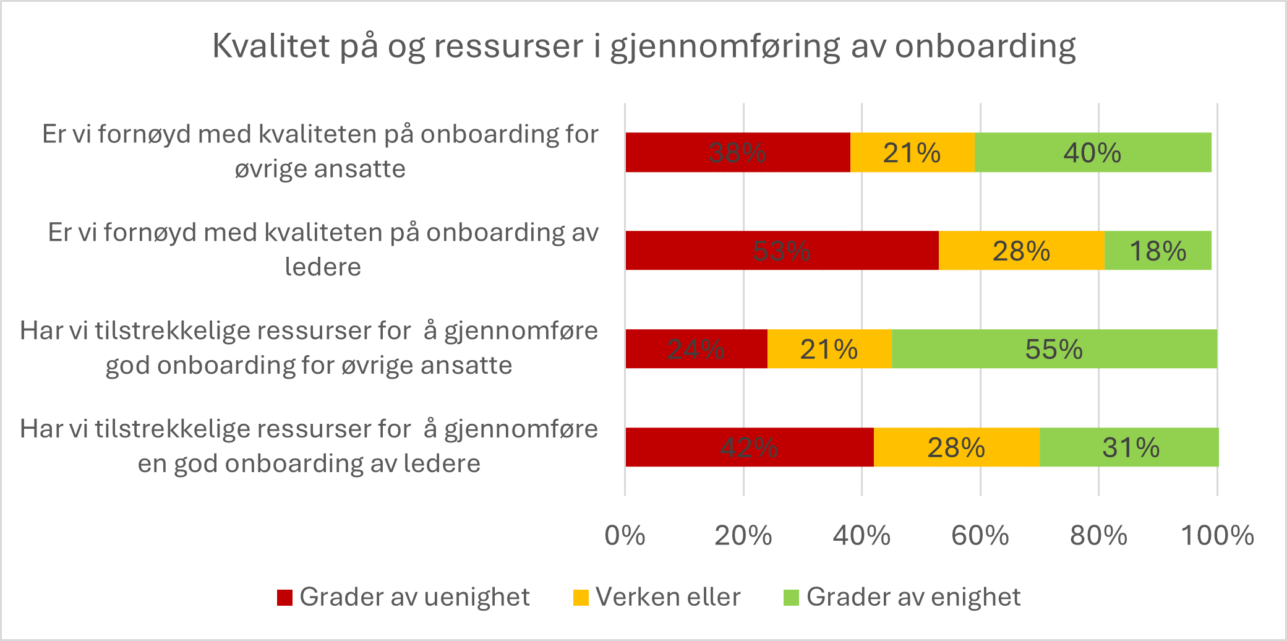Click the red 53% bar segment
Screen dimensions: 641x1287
(782, 251)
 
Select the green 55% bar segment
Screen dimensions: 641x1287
(1054, 349)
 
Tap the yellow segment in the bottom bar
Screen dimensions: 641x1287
(956, 447)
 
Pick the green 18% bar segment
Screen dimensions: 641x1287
(1158, 251)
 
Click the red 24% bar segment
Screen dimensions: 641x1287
(696, 349)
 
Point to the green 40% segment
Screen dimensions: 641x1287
(1092, 152)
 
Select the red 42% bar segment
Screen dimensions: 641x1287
(749, 447)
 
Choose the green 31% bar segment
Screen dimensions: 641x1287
(1130, 447)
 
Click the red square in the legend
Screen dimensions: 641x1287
(284, 598)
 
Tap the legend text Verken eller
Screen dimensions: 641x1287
(668, 598)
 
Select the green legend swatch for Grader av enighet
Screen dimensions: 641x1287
(791, 598)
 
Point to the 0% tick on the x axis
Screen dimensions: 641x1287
(625, 536)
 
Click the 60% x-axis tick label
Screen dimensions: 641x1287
(980, 536)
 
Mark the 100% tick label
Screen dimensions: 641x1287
(1217, 536)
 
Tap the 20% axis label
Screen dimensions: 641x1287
(743, 536)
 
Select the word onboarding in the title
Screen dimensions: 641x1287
(985, 47)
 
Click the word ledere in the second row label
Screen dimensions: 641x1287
(323, 267)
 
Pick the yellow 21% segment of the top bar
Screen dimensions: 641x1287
(912, 152)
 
